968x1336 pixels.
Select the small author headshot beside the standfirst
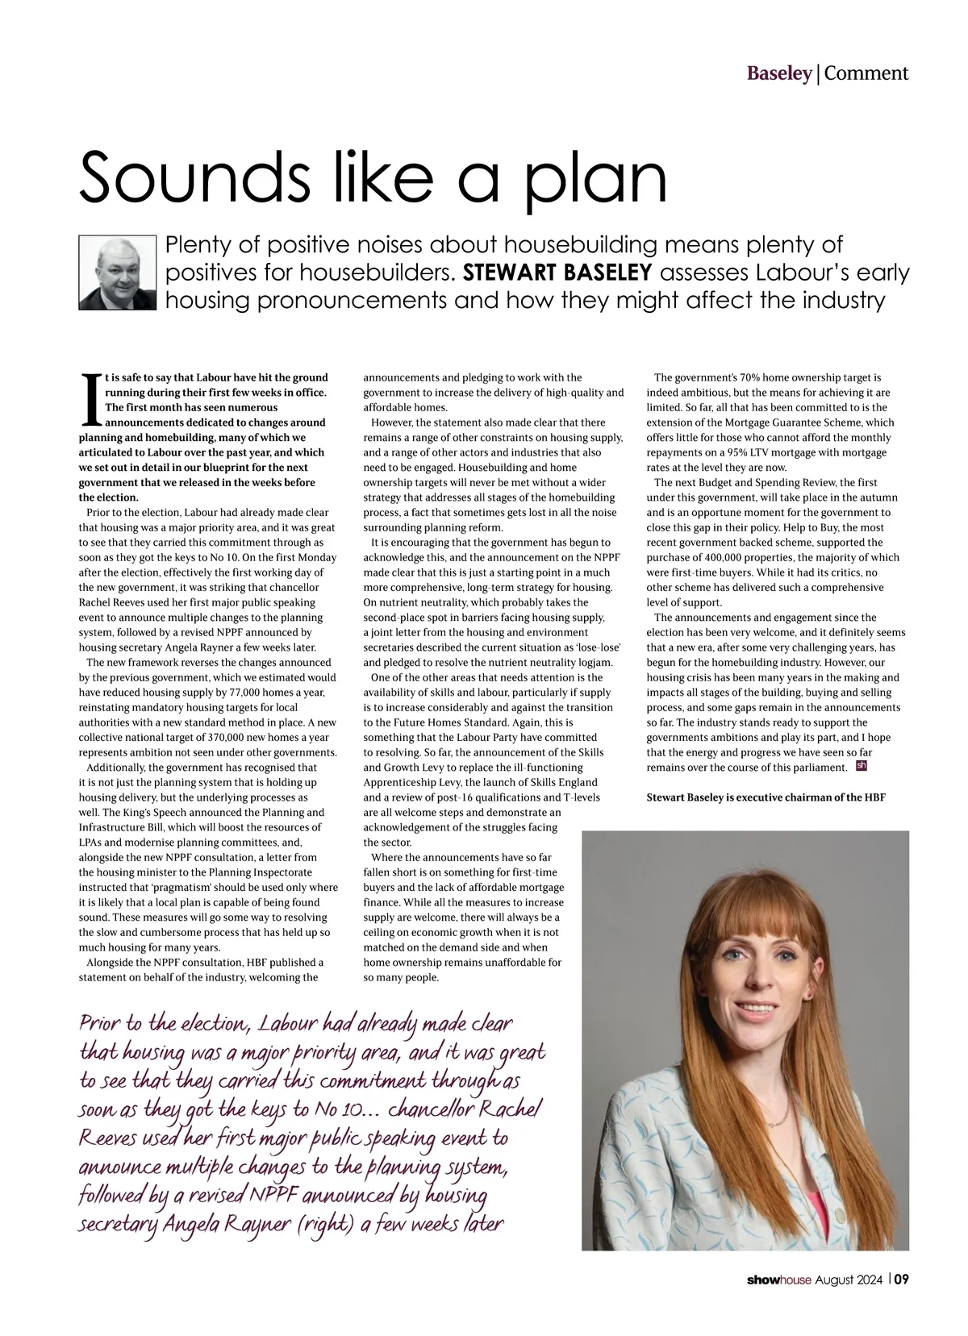(116, 273)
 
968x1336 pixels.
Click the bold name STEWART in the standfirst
(513, 273)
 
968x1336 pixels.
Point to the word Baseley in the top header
(778, 73)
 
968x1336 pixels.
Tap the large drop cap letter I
(90, 400)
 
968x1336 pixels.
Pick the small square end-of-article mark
(861, 765)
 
